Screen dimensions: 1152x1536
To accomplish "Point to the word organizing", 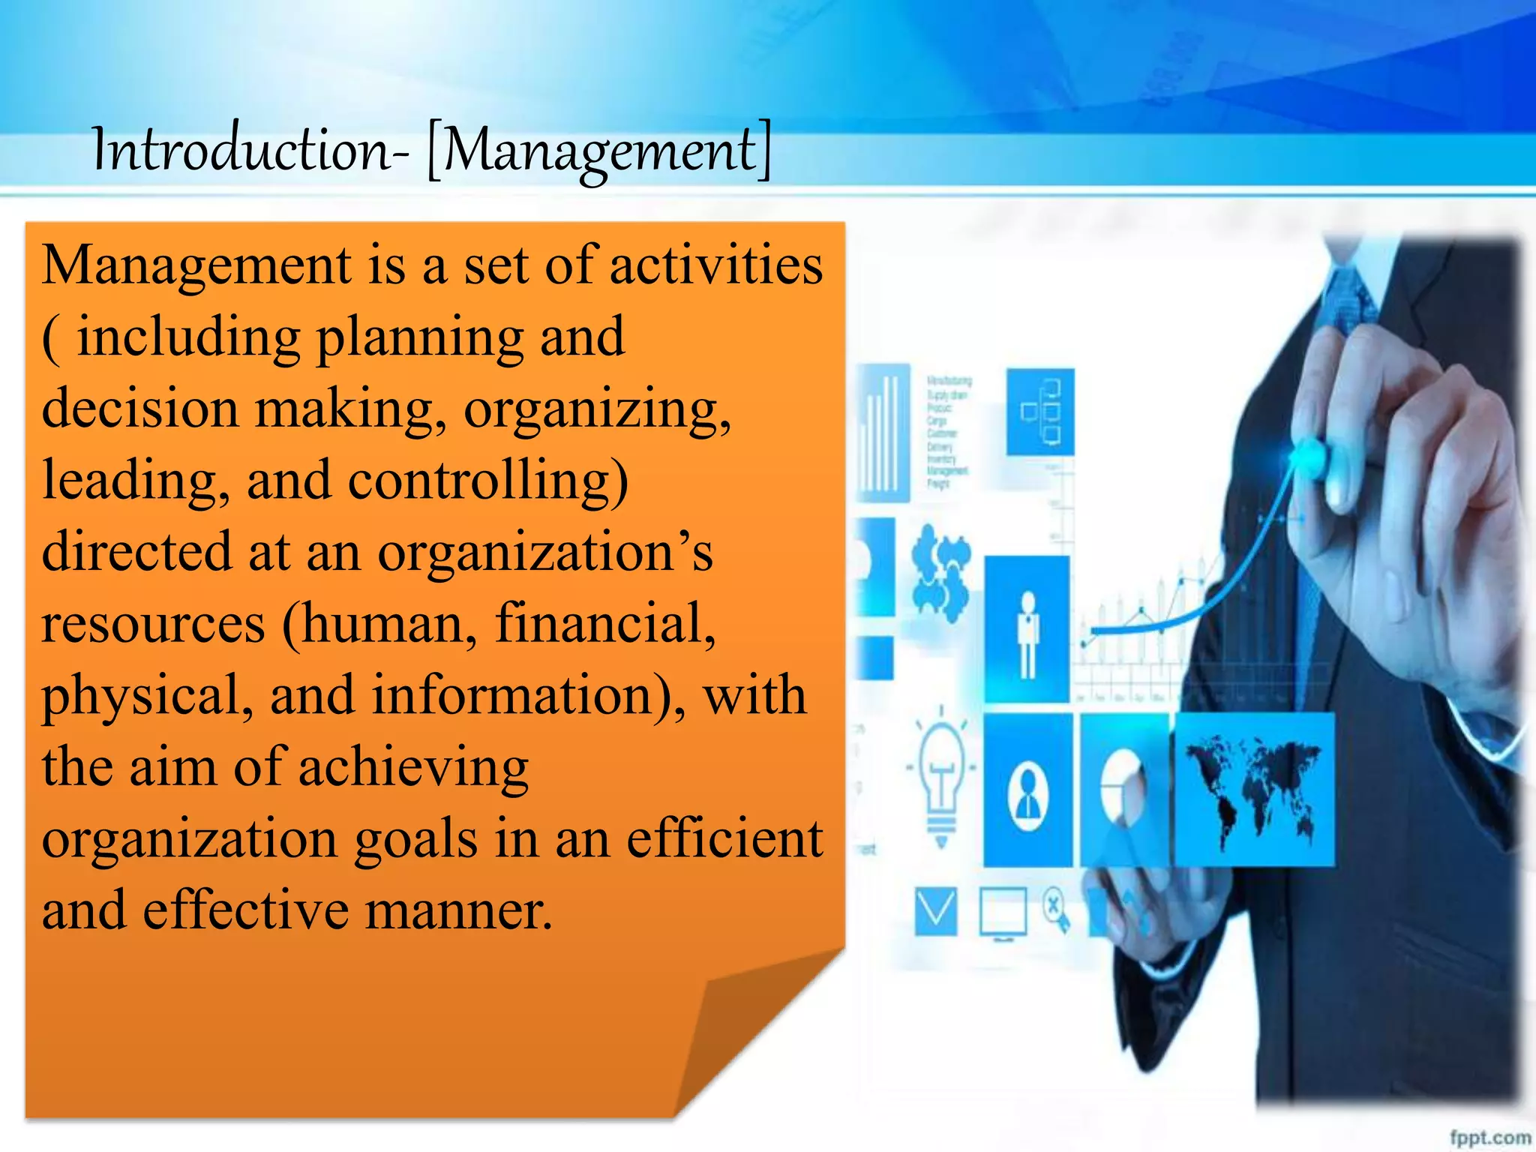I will click(x=596, y=411).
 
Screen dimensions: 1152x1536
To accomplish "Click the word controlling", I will click(x=487, y=480).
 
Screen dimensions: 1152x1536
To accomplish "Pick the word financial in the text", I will click(x=604, y=623).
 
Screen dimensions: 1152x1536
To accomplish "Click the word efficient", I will click(x=724, y=838).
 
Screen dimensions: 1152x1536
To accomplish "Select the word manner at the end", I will click(x=459, y=910).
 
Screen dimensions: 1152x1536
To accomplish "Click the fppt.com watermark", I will click(x=1489, y=1137).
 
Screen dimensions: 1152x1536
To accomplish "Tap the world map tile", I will click(x=1255, y=789).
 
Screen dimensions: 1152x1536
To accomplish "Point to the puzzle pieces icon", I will click(x=940, y=572).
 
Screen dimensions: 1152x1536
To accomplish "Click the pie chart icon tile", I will click(x=1123, y=789).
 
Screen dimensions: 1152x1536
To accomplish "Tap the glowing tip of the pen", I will click(x=1309, y=454).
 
